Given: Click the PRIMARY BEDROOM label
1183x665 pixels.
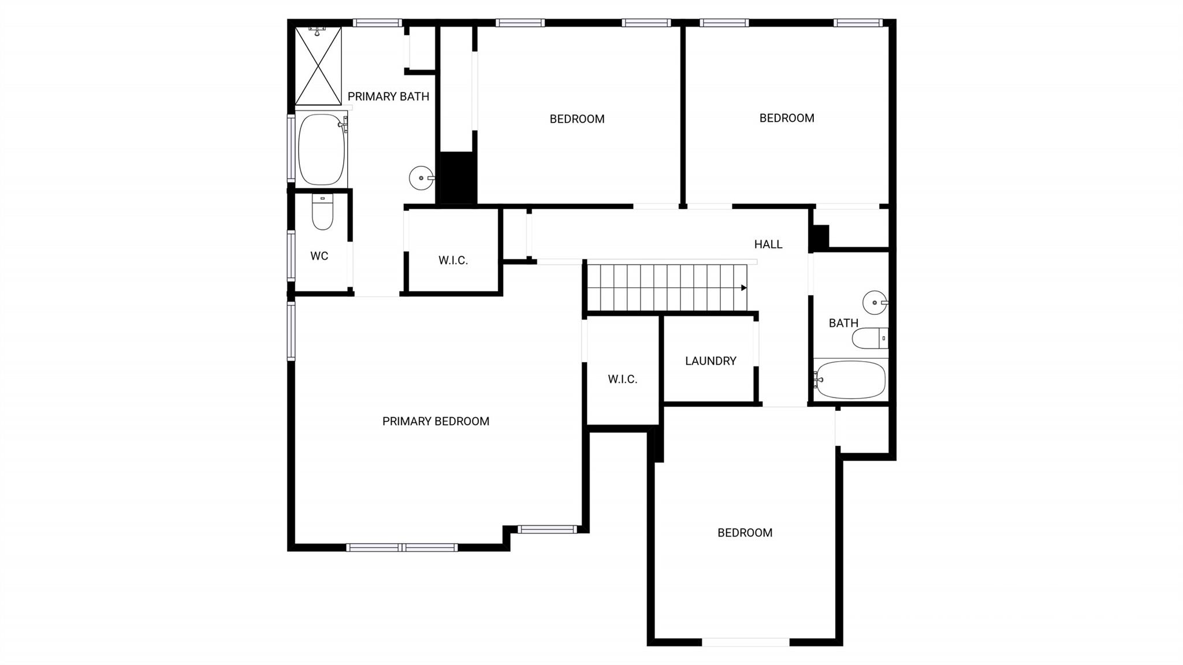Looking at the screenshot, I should pos(436,421).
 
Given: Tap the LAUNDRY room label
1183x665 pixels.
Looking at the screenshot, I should pos(710,361).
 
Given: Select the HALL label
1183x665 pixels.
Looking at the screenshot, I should pos(768,244).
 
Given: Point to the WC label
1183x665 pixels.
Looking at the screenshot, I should pos(319,255).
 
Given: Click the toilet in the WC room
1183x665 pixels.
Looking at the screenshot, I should pos(322,212).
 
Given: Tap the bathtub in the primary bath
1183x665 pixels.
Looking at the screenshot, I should pos(321,149).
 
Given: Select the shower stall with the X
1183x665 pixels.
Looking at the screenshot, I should pos(318,66).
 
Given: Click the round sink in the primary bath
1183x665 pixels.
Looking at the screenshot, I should pos(421,178).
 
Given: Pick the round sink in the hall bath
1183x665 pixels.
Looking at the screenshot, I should pos(875,302).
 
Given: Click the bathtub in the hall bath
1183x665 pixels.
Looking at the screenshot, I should pos(850,380).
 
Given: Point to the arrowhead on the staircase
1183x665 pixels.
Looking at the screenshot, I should pos(744,288).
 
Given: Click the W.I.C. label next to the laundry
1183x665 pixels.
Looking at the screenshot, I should pos(622,379).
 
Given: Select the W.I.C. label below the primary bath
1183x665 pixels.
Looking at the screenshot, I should pos(453,260).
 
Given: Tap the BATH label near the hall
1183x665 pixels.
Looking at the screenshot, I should pos(843,323).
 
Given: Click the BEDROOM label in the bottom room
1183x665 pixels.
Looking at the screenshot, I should pos(745,532).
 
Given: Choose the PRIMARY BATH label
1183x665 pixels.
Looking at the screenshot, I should pos(388,96).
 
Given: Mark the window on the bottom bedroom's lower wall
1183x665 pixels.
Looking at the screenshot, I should pos(745,641).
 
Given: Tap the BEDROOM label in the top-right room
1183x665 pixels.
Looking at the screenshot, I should pos(786,118).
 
